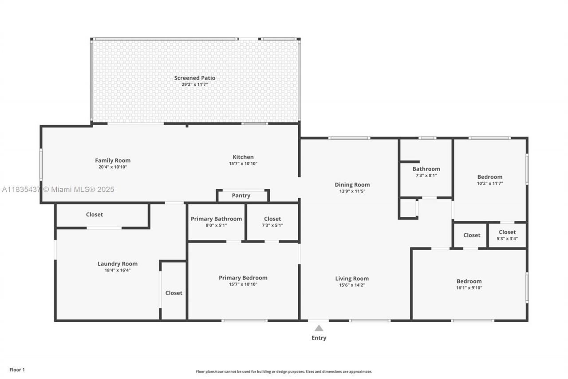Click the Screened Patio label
click(194, 78)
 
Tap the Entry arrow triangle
click(319, 328)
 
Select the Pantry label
click(241, 196)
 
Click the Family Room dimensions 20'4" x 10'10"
click(113, 167)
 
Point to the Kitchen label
click(243, 157)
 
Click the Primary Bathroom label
click(216, 219)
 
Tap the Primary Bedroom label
click(243, 278)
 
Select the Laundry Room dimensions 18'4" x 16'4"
click(118, 270)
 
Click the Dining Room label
click(352, 185)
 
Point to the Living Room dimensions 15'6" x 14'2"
click(352, 285)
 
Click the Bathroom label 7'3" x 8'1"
click(426, 172)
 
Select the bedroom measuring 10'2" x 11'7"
click(490, 180)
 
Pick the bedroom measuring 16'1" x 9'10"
click(469, 284)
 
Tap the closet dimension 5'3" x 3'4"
click(507, 239)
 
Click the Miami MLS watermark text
click(58, 190)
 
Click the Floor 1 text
click(17, 370)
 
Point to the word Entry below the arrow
click(319, 338)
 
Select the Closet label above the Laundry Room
click(95, 215)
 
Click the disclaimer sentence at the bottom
click(284, 371)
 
